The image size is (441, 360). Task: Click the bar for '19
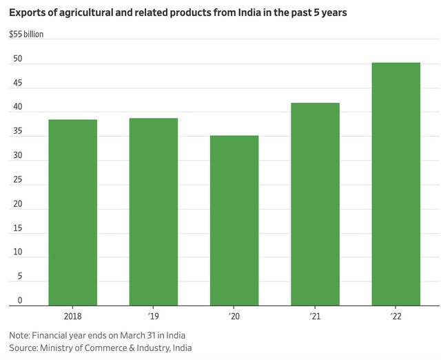click(154, 211)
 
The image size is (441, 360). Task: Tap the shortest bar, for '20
click(234, 220)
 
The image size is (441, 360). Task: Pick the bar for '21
click(315, 203)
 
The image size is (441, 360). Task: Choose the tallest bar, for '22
click(396, 183)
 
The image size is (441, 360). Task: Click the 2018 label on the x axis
click(72, 317)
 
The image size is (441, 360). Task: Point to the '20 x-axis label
click(234, 317)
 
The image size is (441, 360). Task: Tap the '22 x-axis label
click(396, 317)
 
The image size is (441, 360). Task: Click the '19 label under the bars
click(154, 317)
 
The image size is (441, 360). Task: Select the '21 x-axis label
click(315, 317)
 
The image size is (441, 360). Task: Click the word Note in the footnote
click(19, 335)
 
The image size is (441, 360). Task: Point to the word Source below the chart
click(23, 348)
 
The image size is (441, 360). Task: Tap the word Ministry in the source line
click(61, 348)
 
